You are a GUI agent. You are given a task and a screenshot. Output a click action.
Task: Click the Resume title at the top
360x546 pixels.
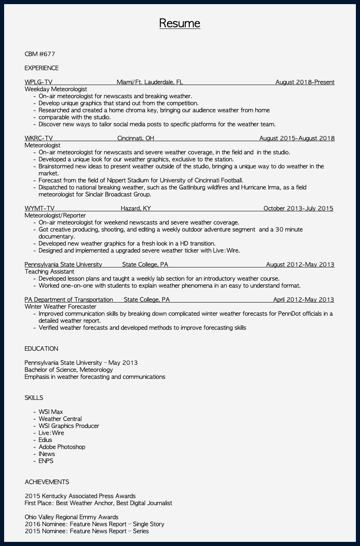coord(180,23)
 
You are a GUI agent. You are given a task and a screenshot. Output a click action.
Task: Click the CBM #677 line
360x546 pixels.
coord(40,54)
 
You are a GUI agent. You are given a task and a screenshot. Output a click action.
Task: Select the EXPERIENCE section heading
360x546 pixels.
coord(42,68)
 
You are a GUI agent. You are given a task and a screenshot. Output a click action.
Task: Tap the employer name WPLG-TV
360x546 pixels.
coord(38,82)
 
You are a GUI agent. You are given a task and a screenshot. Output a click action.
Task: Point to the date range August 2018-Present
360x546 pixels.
coord(305,82)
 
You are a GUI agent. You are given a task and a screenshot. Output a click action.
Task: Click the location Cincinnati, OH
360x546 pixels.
coord(136,138)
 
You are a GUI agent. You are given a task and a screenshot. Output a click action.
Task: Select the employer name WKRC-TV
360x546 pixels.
coord(39,138)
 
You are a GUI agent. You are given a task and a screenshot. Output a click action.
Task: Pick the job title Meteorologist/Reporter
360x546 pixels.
coord(55,215)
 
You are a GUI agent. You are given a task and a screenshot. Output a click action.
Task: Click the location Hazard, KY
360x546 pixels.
coord(136,208)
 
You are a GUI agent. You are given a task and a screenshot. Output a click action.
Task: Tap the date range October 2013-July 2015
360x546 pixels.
coord(298,208)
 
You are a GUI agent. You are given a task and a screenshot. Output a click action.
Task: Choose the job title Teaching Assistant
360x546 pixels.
coord(49,272)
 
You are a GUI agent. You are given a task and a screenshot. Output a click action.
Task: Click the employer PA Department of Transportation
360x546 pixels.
coord(68,300)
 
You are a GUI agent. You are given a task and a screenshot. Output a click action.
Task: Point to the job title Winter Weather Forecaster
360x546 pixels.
coord(60,307)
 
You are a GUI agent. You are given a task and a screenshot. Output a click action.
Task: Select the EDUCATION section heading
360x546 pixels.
coord(41,349)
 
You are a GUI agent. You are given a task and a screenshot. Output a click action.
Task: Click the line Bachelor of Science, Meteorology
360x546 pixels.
coord(68,370)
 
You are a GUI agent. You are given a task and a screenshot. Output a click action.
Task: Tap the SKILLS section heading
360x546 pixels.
coord(34,398)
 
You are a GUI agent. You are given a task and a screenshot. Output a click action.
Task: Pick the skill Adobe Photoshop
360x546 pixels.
coord(62,447)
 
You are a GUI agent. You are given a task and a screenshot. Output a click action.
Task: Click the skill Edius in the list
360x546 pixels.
coord(45,440)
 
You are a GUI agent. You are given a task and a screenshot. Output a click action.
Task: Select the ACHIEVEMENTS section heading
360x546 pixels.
coord(47,482)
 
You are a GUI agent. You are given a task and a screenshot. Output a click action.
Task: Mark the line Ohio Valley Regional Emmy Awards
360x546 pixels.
coord(71,517)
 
